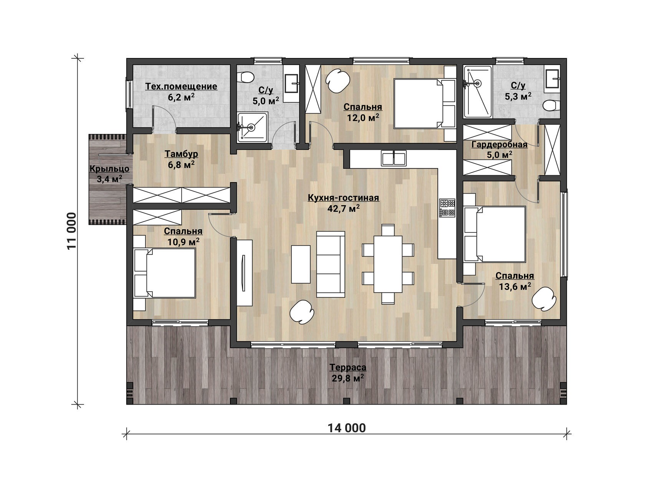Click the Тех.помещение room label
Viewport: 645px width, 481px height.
181,87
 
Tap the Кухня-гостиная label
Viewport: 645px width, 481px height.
343,198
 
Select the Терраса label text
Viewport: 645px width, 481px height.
348,368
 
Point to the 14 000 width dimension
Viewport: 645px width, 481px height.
347,428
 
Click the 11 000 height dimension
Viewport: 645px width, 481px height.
72,231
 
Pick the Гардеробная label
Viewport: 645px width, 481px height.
499,144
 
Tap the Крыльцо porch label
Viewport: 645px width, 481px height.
109,169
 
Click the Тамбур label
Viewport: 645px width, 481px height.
181,154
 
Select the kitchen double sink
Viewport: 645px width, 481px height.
394,158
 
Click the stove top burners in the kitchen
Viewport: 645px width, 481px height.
447,208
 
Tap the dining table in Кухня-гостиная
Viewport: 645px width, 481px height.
388,264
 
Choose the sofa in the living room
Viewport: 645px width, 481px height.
331,264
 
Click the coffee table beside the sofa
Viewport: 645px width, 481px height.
301,264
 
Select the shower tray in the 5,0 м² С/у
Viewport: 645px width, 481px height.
252,127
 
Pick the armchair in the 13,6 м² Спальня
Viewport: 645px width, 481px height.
544,297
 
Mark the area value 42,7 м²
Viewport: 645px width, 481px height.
344,208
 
